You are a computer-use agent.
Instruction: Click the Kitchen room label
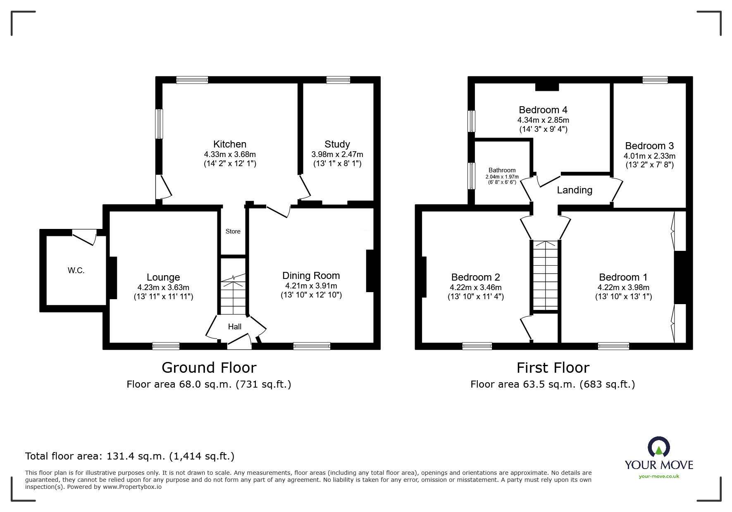click(230, 144)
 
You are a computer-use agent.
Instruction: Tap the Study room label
click(337, 144)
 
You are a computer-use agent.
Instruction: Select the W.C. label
click(76, 271)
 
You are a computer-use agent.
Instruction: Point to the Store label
click(233, 231)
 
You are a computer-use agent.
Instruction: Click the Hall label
click(235, 327)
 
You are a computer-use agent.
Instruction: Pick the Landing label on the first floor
click(575, 190)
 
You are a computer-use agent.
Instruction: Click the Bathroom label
click(502, 170)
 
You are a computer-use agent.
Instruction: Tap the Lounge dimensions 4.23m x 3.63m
click(164, 288)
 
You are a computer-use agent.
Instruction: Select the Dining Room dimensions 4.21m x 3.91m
click(311, 286)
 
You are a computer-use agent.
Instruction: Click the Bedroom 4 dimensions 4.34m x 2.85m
click(543, 120)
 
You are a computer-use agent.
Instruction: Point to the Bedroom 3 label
click(649, 146)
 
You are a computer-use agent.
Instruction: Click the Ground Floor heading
click(209, 367)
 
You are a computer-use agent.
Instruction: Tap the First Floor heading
click(553, 367)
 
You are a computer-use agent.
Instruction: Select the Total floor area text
click(130, 456)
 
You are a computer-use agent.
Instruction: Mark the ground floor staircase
click(234, 286)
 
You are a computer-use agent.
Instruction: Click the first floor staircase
click(546, 275)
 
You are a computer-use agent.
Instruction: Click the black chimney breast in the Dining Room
click(370, 271)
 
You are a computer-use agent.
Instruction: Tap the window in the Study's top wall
click(338, 80)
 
